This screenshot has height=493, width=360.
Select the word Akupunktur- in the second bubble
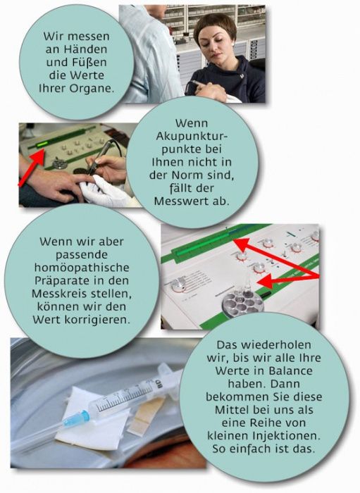pyautogui.click(x=192, y=136)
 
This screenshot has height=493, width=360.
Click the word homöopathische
pyautogui.click(x=82, y=268)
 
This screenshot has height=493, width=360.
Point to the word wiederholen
pyautogui.click(x=272, y=344)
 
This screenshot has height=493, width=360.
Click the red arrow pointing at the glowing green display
pyautogui.click(x=32, y=168)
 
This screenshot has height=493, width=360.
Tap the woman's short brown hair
pyautogui.click(x=215, y=27)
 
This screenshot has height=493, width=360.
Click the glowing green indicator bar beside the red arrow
pyautogui.click(x=41, y=144)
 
